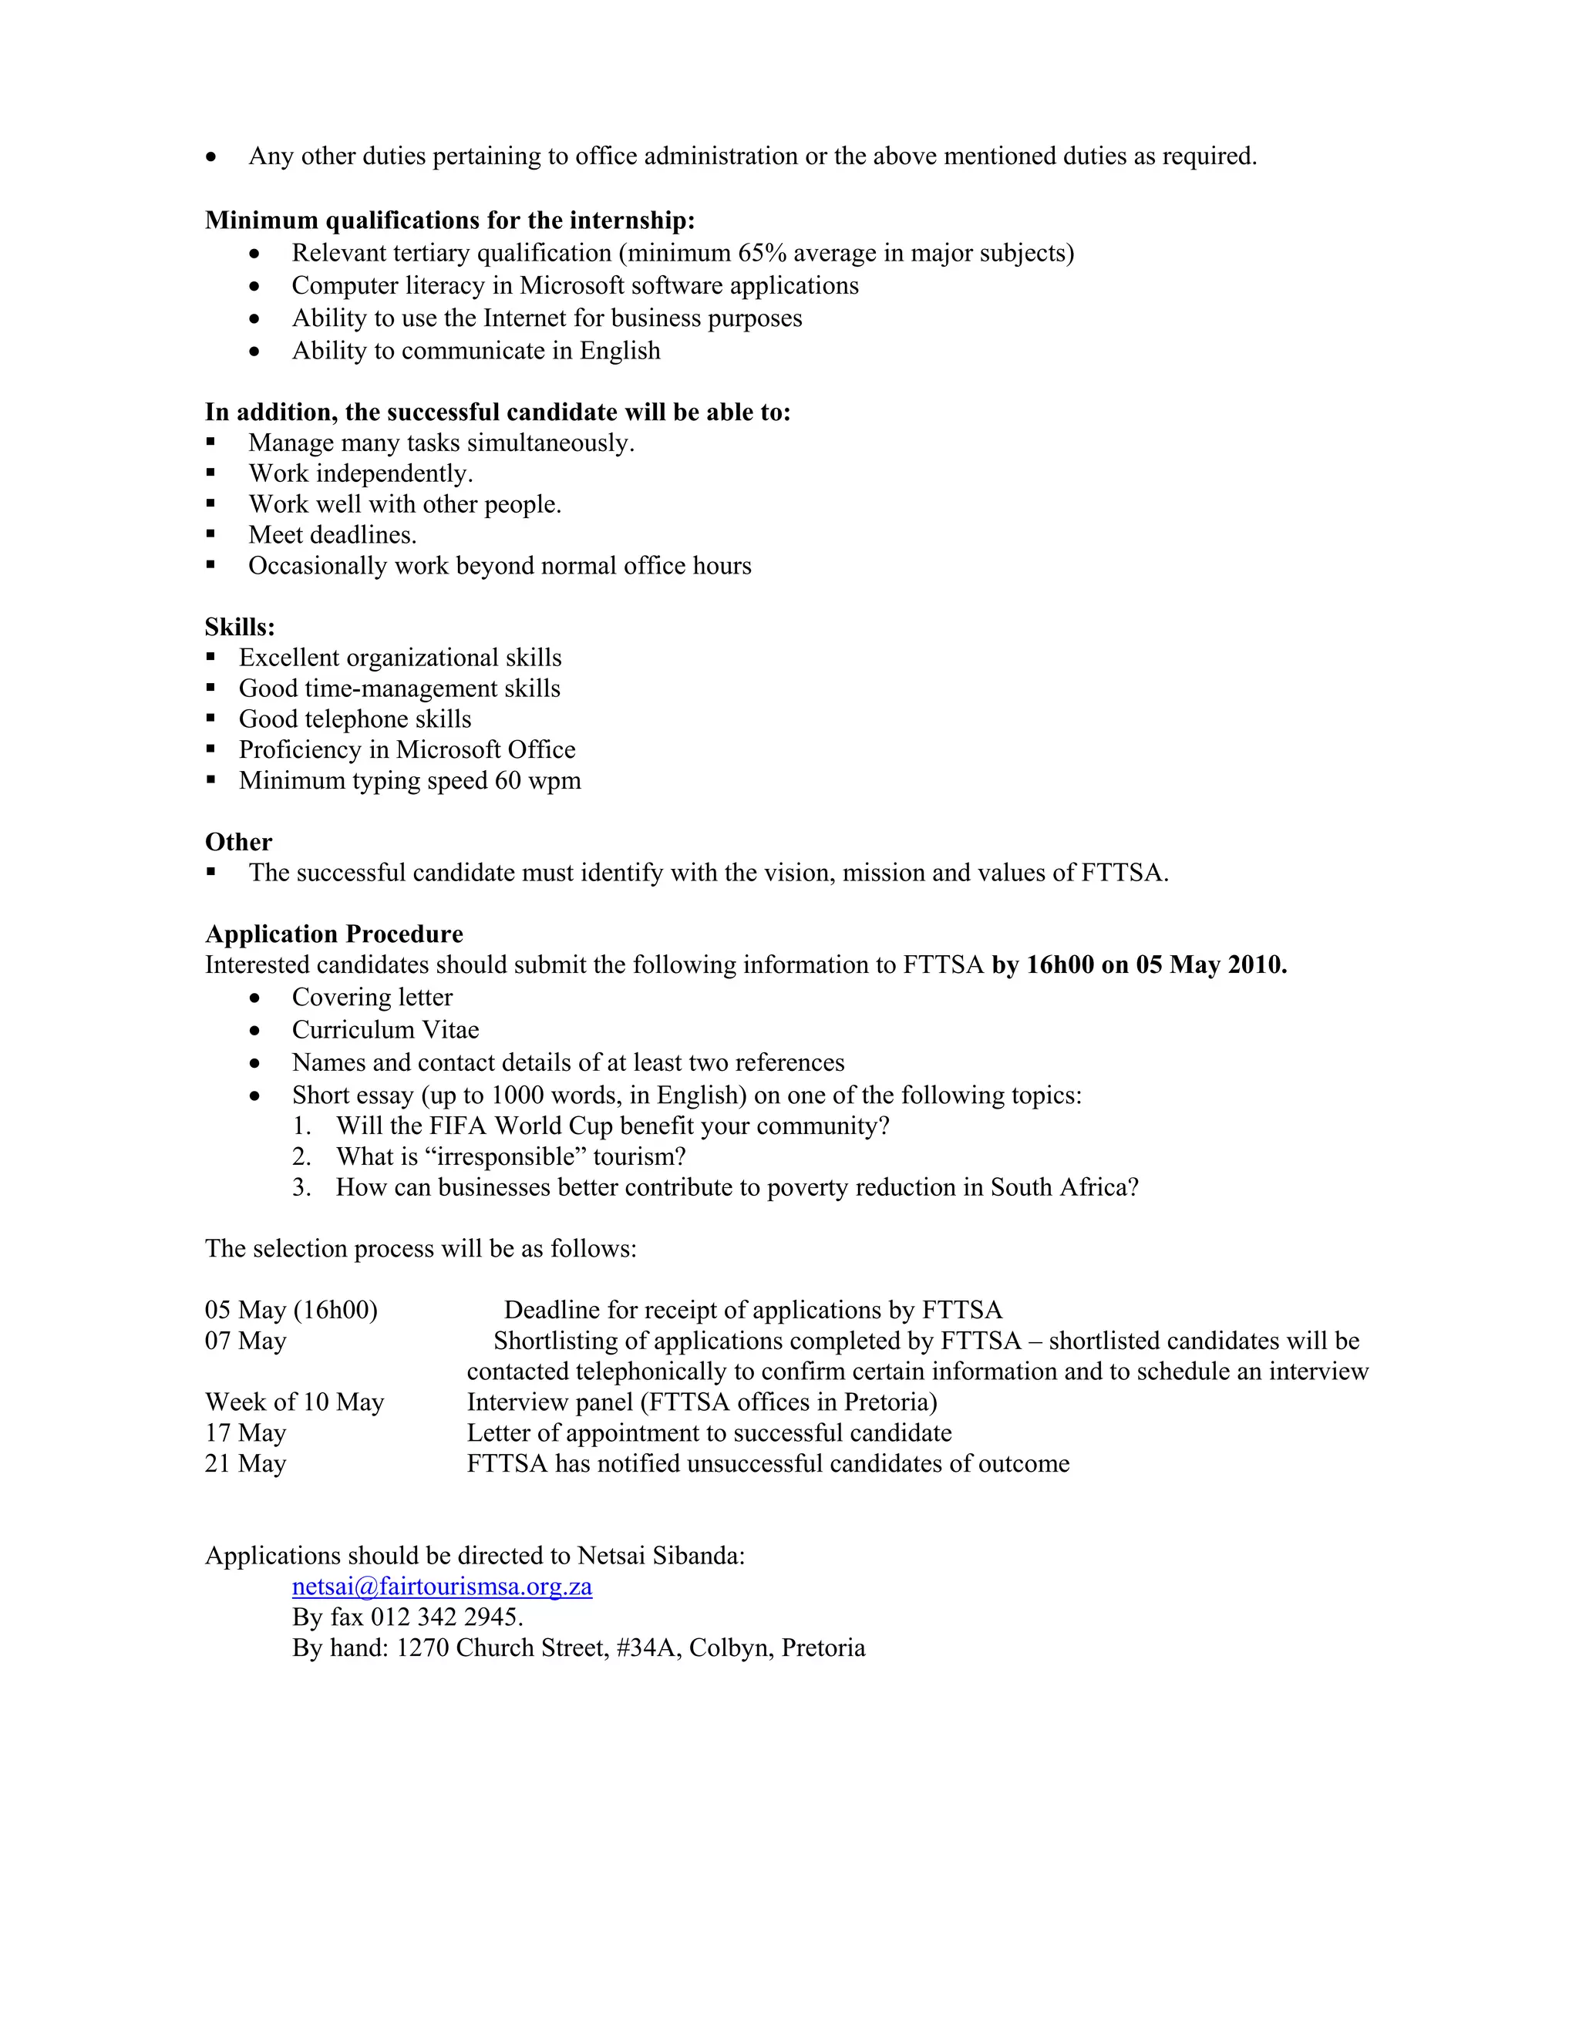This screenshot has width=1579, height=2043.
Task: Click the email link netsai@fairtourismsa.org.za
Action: [442, 1587]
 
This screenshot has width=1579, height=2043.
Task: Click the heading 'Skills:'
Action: [240, 627]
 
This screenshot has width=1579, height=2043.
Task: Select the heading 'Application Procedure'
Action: [334, 934]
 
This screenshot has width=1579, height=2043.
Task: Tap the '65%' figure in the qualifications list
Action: [763, 254]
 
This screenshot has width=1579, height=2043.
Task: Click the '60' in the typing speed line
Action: [508, 780]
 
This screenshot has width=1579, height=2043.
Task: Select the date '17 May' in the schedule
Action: [245, 1433]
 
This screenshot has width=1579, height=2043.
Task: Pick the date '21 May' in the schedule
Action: [245, 1464]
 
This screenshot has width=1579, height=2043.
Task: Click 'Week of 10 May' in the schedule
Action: [295, 1402]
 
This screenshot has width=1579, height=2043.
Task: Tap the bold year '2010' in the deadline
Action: [1256, 964]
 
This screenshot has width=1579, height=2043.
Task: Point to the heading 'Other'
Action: [238, 842]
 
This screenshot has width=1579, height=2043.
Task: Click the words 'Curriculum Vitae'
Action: [385, 1030]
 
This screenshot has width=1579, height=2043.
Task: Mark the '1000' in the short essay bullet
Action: [517, 1096]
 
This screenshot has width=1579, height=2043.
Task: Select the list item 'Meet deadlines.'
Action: [332, 535]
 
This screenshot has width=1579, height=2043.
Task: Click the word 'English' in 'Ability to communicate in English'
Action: [620, 351]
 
